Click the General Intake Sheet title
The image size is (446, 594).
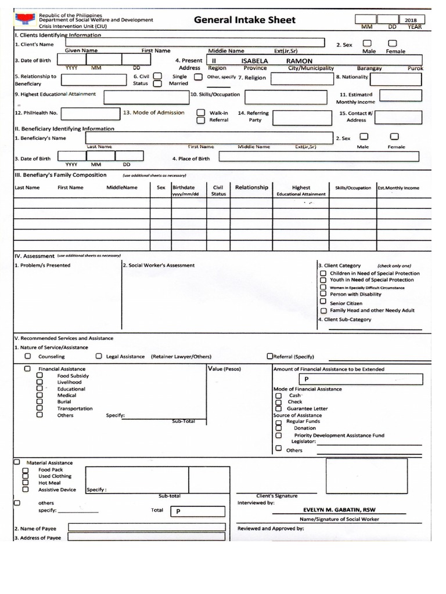244,20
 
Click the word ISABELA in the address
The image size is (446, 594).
254,61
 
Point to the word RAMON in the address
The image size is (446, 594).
299,61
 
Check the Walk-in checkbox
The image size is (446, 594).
200,113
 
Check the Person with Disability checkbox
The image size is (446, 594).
323,294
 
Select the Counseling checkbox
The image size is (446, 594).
27,356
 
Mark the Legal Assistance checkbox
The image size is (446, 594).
99,356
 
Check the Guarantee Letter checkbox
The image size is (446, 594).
279,408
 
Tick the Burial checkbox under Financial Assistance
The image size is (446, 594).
40,401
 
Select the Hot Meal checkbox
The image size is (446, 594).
25,483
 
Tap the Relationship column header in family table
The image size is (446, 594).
251,187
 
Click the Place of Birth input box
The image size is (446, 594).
318,157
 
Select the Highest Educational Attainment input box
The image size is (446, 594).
146,96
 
